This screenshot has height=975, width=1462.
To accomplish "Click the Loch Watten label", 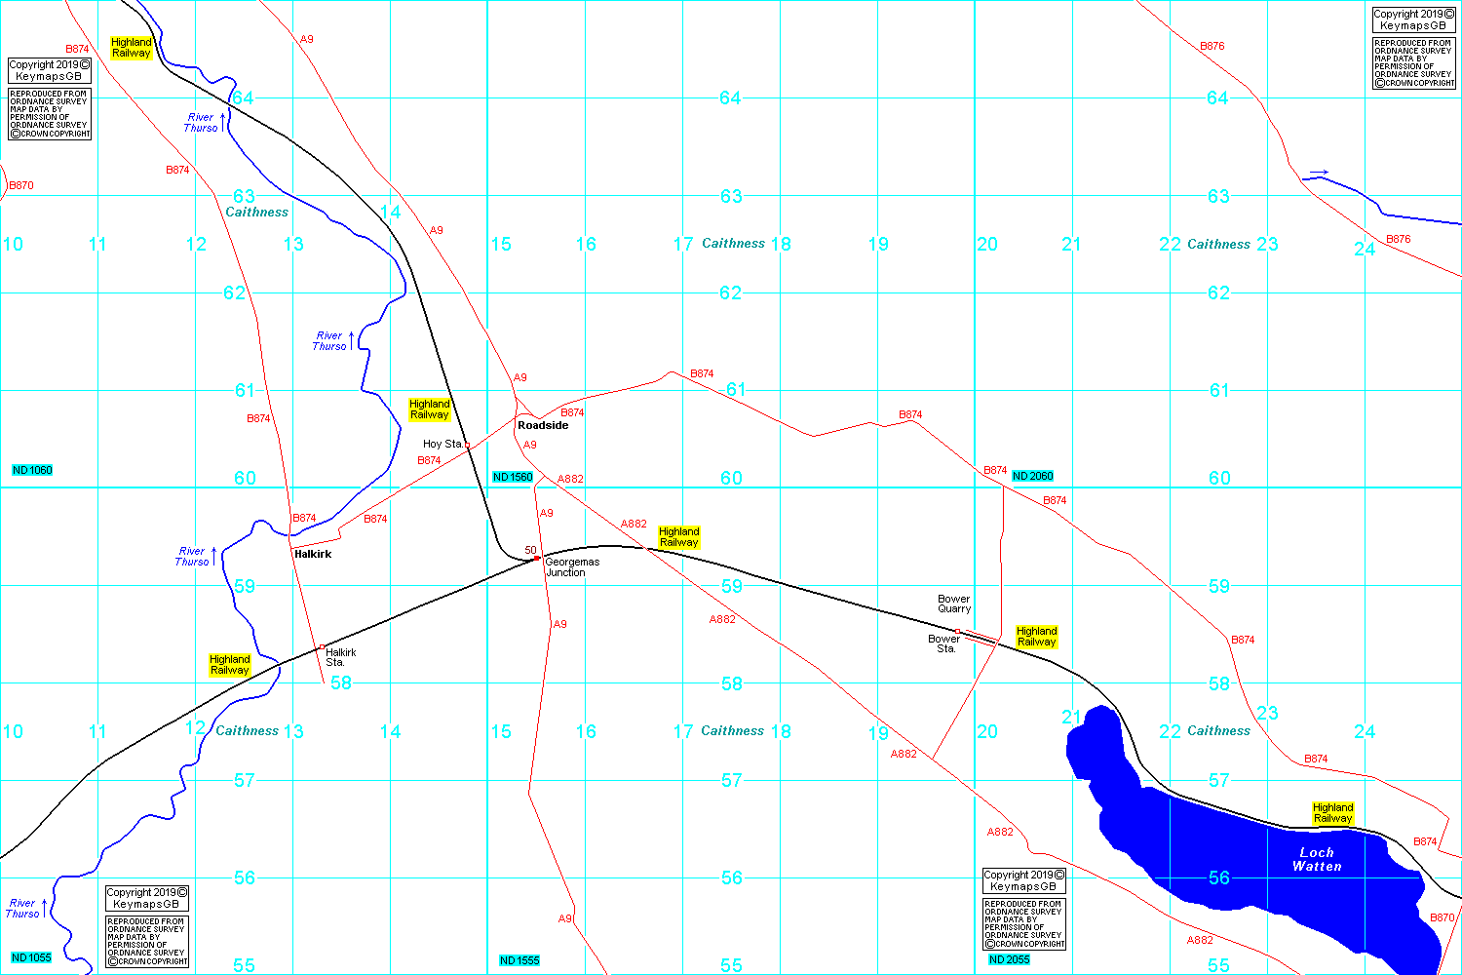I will coord(1317,859).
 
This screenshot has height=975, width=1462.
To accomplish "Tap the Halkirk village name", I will coord(313,554).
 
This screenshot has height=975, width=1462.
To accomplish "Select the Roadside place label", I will coord(543,425).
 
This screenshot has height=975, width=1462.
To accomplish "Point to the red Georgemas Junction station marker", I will coord(537,559).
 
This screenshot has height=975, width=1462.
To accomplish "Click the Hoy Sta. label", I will coord(442,444).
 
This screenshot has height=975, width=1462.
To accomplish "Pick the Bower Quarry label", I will coord(954,604).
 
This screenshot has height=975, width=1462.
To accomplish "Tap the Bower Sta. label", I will coord(943,643).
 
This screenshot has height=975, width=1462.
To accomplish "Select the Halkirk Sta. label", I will coord(340,657).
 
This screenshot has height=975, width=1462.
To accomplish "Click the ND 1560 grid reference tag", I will coord(513,477).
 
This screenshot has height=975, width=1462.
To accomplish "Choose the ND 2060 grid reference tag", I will coord(1032,476).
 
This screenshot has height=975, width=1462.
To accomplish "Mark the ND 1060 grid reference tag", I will coord(32,470).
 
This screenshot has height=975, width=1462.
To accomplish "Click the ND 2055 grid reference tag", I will coord(1009,959).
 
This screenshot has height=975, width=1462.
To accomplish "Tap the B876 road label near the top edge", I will coord(1212,46).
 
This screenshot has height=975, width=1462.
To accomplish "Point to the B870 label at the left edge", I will coord(20,185).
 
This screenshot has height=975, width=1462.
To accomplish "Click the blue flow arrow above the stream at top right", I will coord(1319,173).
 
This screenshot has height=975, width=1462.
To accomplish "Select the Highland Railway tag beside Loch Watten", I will coord(1332,813).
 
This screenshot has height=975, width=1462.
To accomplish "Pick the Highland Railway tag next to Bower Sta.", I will coord(1036,637).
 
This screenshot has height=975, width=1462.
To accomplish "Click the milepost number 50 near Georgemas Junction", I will coord(530,550).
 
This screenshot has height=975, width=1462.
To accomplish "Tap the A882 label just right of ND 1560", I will coord(570,479).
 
